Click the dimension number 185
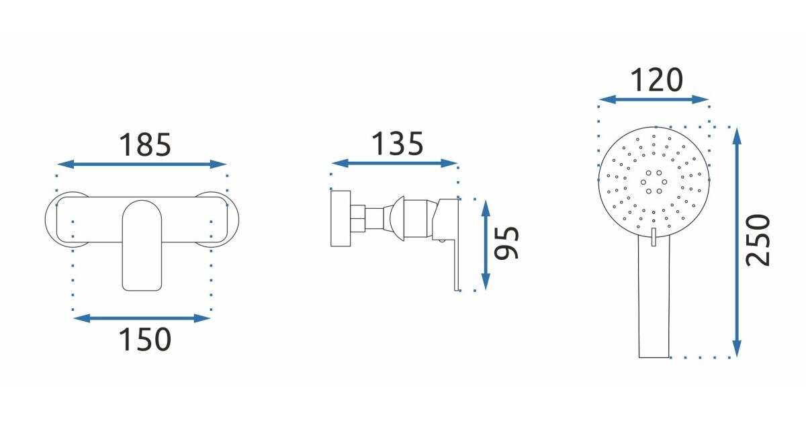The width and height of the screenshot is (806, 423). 144,145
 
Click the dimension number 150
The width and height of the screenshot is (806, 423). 144,339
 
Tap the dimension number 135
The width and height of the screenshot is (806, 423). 397,144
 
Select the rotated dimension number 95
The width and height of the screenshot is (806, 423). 506,243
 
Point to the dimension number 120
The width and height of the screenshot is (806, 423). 657,80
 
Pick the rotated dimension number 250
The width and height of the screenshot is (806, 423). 758,240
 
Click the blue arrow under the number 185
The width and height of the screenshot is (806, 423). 142,164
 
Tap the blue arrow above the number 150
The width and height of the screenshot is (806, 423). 142,318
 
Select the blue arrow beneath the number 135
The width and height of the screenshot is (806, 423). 394,163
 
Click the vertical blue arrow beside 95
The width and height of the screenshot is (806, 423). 486,245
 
